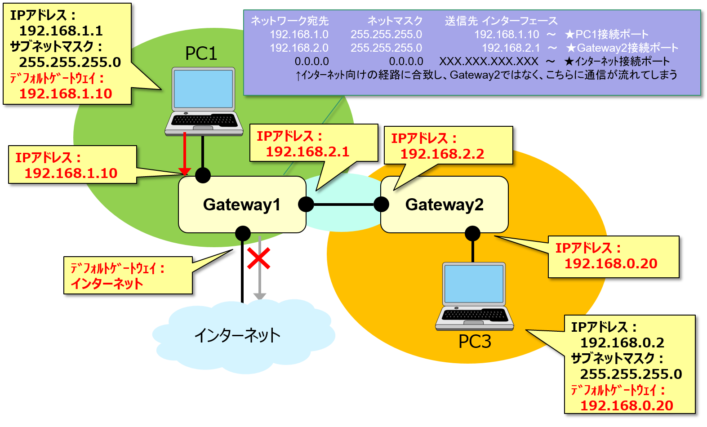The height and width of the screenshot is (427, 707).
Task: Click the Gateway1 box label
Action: pos(242,205)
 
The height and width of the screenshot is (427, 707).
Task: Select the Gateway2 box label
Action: pos(444,205)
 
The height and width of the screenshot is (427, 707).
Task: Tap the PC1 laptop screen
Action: pos(203,89)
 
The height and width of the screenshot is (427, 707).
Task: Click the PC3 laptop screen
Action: pos(474,284)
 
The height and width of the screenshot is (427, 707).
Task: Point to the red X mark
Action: pos(258,258)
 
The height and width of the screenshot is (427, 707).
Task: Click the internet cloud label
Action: pos(237,335)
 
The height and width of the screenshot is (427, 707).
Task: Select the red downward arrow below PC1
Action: pos(185,153)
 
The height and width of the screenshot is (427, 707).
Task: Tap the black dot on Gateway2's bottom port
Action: pos(472,233)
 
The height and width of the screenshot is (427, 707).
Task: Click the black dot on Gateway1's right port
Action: pos(306,204)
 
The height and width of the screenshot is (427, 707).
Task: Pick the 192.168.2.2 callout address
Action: pos(442,154)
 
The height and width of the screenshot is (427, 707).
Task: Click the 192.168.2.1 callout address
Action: pos(307,152)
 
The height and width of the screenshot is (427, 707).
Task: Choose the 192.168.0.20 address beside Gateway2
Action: pos(610,263)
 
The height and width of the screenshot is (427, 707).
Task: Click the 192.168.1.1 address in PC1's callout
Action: pos(61,31)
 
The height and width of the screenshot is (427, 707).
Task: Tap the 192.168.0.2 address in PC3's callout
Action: pos(622,343)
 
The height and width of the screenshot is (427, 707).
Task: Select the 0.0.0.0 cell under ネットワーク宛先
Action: pos(311,62)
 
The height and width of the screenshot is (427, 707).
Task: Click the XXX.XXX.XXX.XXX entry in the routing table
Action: pos(489,62)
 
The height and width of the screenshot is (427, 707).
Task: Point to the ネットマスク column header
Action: pos(395,21)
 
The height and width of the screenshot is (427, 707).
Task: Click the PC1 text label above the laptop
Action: pos(201,53)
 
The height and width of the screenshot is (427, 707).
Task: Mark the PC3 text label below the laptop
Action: pos(475,342)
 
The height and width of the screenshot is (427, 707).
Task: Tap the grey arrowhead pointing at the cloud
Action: pos(259,296)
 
